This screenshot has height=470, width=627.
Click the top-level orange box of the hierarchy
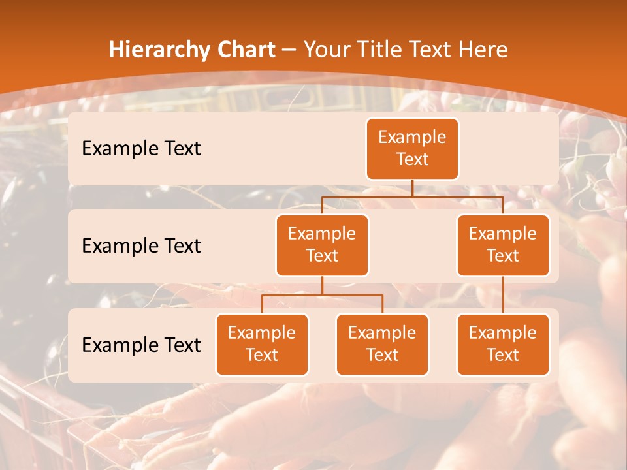pyautogui.click(x=412, y=148)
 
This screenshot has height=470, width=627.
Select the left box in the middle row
pyautogui.click(x=322, y=245)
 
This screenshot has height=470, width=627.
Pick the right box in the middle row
pyautogui.click(x=503, y=245)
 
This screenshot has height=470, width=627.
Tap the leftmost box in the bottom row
pyautogui.click(x=262, y=344)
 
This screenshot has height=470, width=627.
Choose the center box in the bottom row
pyautogui.click(x=382, y=344)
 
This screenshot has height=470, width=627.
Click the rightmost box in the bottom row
pyautogui.click(x=503, y=344)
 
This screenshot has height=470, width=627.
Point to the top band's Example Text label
pyautogui.click(x=141, y=149)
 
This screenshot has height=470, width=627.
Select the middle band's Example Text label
pyautogui.click(x=141, y=246)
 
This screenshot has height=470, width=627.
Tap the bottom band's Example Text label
pyautogui.click(x=141, y=345)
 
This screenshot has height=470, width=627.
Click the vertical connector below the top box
pyautogui.click(x=412, y=188)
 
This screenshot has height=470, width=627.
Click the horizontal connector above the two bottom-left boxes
pyautogui.click(x=322, y=295)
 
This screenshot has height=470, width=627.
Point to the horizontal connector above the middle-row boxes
pyautogui.click(x=412, y=196)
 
